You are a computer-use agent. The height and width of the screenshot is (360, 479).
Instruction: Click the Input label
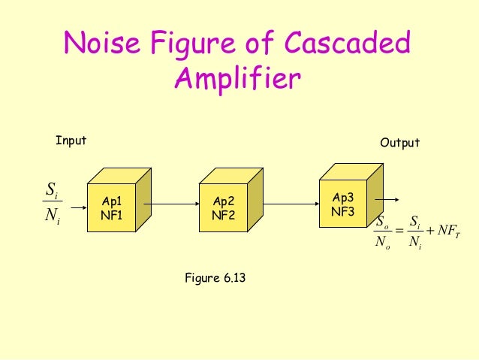(71, 141)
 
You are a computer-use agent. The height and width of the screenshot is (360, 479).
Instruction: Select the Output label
(399, 143)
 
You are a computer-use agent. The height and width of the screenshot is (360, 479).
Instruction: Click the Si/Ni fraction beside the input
(52, 202)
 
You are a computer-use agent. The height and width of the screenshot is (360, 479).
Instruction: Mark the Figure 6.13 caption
(215, 278)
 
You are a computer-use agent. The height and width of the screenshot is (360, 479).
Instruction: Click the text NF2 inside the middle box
(224, 214)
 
